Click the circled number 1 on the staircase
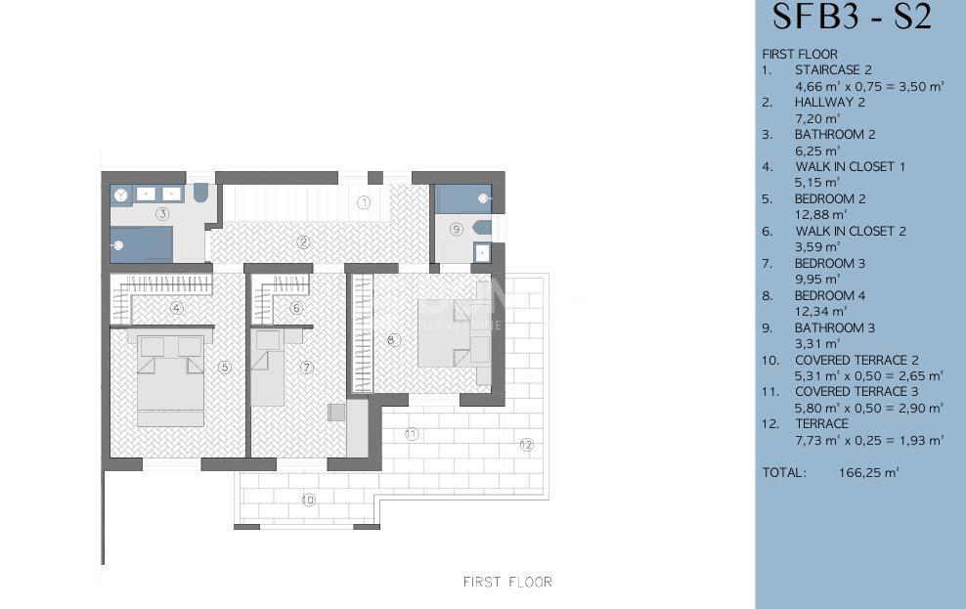[x=364, y=202]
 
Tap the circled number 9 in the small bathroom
[x=456, y=230]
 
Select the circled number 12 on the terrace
[x=526, y=445]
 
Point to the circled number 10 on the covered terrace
[x=309, y=500]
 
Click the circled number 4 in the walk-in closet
[x=177, y=308]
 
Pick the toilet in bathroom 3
[x=201, y=193]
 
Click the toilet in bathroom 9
[x=482, y=228]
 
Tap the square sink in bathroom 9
[x=482, y=252]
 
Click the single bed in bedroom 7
[x=267, y=368]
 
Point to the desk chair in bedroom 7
[x=335, y=412]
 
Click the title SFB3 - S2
[x=852, y=17]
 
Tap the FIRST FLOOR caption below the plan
[x=507, y=582]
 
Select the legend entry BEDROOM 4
[x=830, y=295]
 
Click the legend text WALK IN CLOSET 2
[x=851, y=231]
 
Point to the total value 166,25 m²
[x=868, y=473]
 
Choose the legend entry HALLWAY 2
[x=829, y=103]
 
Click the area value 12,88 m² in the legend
[x=820, y=215]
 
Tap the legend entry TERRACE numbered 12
[x=822, y=423]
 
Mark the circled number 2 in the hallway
[x=302, y=242]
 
